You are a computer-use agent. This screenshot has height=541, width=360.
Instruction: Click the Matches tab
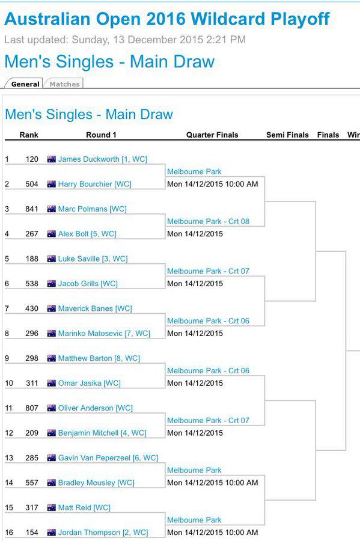click(x=64, y=84)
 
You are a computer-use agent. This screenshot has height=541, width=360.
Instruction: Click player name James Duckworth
click(x=88, y=159)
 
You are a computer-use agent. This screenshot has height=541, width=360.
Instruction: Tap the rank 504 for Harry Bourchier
click(x=32, y=185)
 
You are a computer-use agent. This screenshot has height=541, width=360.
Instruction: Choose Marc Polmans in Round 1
click(x=82, y=209)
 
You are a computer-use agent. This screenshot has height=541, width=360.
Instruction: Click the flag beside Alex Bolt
click(x=51, y=234)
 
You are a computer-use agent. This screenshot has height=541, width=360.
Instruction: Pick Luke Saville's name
click(x=79, y=258)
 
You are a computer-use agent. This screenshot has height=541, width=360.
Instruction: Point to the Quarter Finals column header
click(x=212, y=135)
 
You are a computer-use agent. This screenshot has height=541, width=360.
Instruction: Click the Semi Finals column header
click(x=287, y=135)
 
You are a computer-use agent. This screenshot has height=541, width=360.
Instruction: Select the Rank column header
click(x=29, y=135)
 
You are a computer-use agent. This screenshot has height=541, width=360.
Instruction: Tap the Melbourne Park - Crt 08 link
click(x=208, y=221)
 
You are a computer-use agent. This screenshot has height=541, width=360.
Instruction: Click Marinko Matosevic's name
click(x=90, y=334)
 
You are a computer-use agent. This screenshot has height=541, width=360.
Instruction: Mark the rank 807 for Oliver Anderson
click(x=32, y=408)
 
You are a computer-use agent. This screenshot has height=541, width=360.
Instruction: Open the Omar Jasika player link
click(x=80, y=384)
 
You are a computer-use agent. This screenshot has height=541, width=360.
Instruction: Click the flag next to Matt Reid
click(x=51, y=507)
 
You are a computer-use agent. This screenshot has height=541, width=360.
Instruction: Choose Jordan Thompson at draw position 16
click(x=89, y=533)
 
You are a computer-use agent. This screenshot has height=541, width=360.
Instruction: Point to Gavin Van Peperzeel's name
click(x=94, y=458)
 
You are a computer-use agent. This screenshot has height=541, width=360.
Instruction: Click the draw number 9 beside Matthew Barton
click(x=7, y=358)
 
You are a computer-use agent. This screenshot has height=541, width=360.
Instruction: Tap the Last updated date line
click(x=125, y=40)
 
